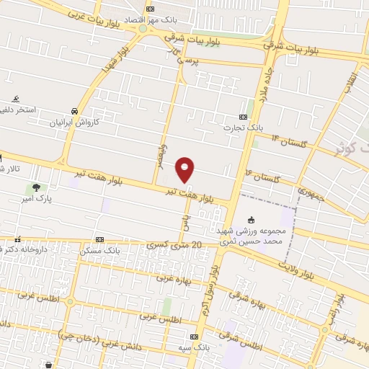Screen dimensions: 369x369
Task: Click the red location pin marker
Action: [x=185, y=169]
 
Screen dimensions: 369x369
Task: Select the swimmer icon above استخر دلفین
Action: [x=16, y=99]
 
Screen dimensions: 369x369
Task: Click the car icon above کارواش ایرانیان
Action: [x=75, y=111]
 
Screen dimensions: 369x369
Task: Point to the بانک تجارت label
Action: [x=241, y=128]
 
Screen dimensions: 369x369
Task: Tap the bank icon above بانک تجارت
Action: [x=243, y=117]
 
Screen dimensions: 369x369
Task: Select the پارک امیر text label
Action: [x=32, y=199]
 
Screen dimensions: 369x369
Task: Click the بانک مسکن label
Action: [x=101, y=249]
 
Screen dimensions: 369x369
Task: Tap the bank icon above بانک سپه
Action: [x=194, y=337]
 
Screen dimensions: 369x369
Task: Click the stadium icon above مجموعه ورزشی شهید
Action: [x=252, y=220]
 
